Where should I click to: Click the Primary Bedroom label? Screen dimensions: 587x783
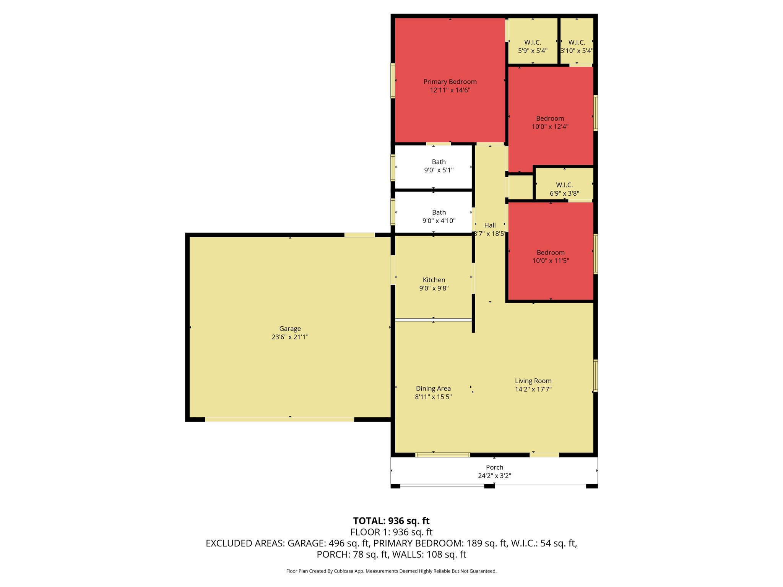click(450, 82)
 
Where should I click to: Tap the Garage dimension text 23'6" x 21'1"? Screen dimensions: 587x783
click(290, 337)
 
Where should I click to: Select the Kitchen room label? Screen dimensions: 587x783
click(434, 280)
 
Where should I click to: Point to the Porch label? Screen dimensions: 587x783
click(494, 467)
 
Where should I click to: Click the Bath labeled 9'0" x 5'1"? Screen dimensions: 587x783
click(439, 166)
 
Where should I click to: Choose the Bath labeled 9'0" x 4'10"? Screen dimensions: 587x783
click(439, 216)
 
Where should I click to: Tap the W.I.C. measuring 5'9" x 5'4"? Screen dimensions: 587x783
click(533, 46)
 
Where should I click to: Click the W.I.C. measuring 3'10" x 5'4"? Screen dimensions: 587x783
click(577, 46)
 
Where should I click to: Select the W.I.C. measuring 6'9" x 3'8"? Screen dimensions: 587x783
click(564, 189)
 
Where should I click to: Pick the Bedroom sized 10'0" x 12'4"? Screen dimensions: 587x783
click(550, 122)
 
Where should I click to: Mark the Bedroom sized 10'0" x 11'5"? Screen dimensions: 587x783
click(551, 256)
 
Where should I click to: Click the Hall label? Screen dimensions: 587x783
click(490, 225)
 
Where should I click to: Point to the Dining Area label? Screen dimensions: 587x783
click(433, 389)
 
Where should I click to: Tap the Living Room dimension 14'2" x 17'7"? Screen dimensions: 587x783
click(533, 389)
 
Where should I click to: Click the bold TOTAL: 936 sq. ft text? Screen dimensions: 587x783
click(391, 521)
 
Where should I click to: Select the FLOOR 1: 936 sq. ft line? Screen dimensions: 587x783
click(391, 532)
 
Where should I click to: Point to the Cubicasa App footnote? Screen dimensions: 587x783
click(391, 571)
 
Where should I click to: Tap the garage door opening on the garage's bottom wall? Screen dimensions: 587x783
click(279, 420)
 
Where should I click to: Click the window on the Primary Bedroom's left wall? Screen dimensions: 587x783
click(393, 81)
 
